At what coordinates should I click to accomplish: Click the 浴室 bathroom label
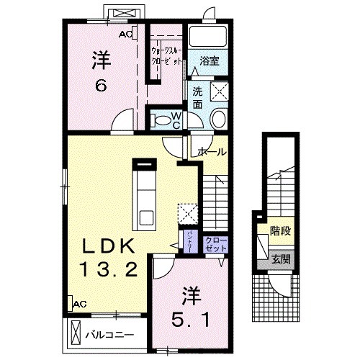210,60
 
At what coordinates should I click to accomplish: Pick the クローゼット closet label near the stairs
215,243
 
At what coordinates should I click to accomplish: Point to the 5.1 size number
190,317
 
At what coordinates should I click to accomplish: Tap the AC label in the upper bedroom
125,34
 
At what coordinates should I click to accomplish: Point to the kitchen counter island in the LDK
145,194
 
